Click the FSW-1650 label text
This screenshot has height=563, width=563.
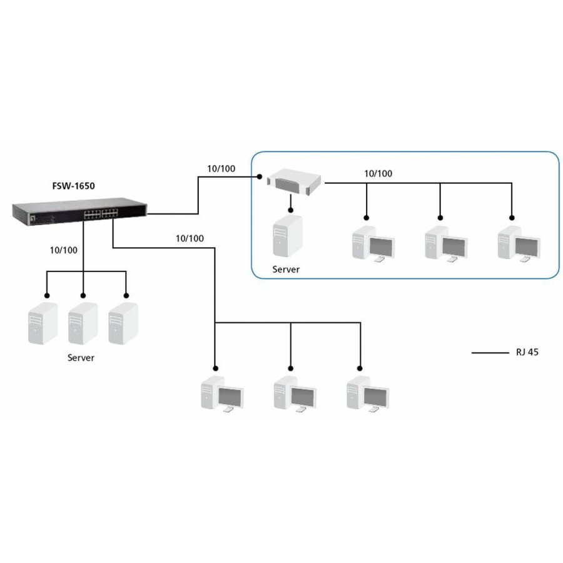point(73,186)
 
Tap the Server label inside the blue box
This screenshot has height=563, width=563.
point(286,270)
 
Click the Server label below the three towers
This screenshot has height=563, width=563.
point(81,358)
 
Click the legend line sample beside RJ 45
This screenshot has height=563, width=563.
point(490,353)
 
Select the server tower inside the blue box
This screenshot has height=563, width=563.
point(287,236)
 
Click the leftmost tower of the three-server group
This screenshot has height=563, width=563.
point(43,324)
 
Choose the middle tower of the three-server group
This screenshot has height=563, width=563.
point(83,324)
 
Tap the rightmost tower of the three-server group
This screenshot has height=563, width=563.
point(123,324)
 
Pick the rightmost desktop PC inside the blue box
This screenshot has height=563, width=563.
point(519,243)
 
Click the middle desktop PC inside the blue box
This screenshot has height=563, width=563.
point(445,243)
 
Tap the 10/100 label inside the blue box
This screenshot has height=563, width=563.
point(378,173)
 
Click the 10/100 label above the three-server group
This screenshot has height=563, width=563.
point(64,250)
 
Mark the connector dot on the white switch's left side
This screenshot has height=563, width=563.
point(258,177)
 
